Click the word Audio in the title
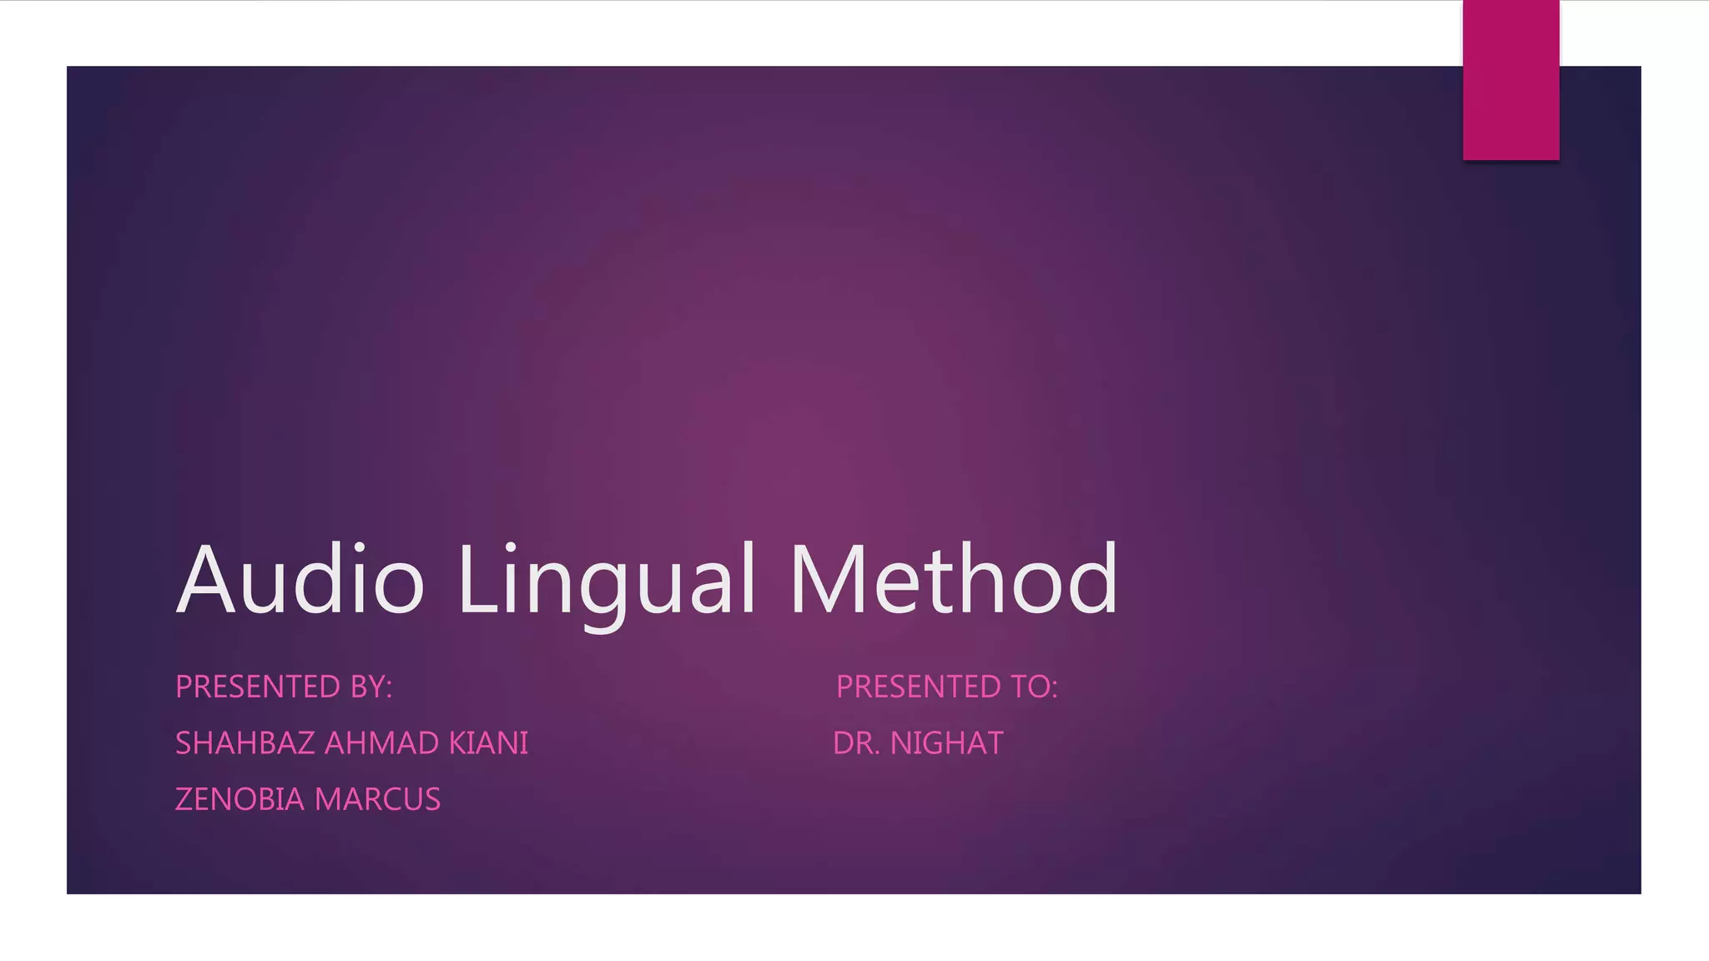[300, 579]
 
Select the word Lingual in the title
[607, 579]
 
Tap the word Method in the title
[953, 579]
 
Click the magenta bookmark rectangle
[1510, 80]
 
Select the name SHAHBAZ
[245, 743]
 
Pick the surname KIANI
[489, 743]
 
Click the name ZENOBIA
[239, 799]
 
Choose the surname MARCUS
[377, 799]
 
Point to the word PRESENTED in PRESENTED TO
[919, 687]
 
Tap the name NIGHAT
[947, 743]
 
